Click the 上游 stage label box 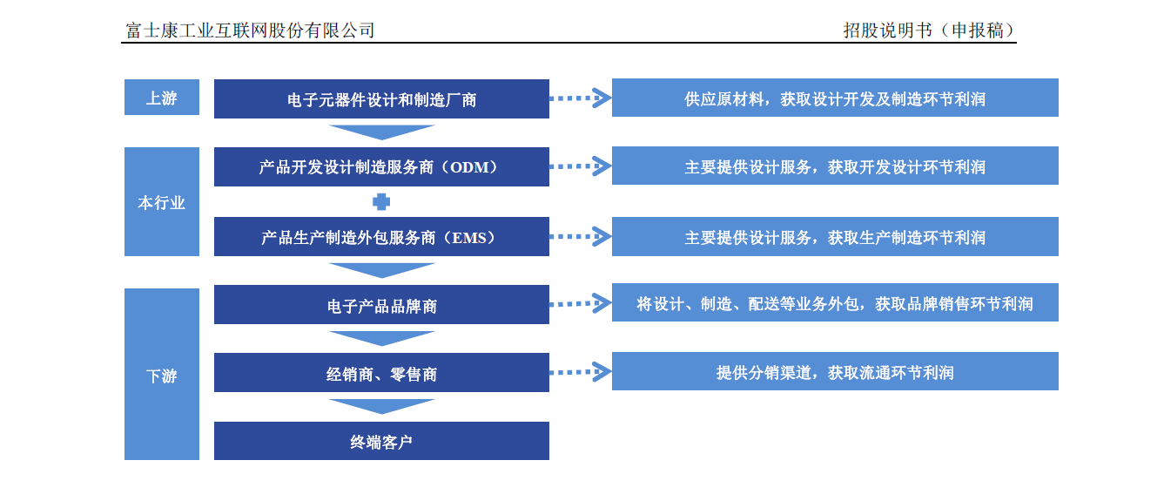(x=162, y=98)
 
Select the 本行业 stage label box (x=162, y=202)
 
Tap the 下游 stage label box (x=162, y=374)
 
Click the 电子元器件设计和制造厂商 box (x=381, y=98)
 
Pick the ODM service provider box (x=381, y=167)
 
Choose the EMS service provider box (x=381, y=237)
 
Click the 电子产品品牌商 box (x=381, y=304)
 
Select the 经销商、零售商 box (x=381, y=373)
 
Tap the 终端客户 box (x=381, y=441)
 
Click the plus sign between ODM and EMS (x=381, y=202)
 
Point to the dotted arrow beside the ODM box (x=580, y=166)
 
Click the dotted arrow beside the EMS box (x=580, y=237)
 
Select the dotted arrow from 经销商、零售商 (x=580, y=372)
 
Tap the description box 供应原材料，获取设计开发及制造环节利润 (x=835, y=98)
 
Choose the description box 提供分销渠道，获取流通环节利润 (x=835, y=371)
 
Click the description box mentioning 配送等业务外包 (x=835, y=302)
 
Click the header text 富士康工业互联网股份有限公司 (x=250, y=30)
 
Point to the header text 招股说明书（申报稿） (x=929, y=30)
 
